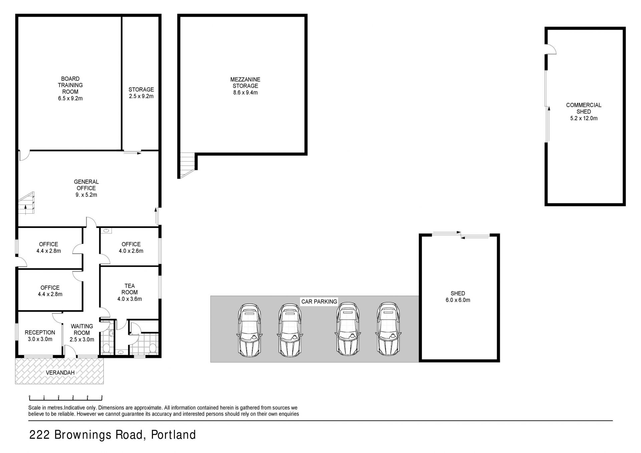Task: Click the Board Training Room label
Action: coord(70,88)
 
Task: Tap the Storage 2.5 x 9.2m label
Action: coord(141,93)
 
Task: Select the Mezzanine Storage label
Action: coord(245,86)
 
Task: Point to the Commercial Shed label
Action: coord(584,111)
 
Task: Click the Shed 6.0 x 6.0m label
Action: coord(458,296)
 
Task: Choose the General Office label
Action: coord(86,188)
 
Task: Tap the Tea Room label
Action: coord(130,292)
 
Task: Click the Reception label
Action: coord(40,336)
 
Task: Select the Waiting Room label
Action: coord(82,333)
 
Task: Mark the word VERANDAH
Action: coord(60,373)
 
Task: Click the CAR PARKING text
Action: coord(319,301)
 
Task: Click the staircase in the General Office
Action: coord(26,203)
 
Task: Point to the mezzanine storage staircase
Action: coord(187,165)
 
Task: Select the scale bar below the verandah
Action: coord(66,397)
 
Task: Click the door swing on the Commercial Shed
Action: coord(552,49)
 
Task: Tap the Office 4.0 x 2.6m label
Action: coord(131,247)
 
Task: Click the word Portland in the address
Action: coord(173,435)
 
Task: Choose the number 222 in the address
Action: coord(39,435)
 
